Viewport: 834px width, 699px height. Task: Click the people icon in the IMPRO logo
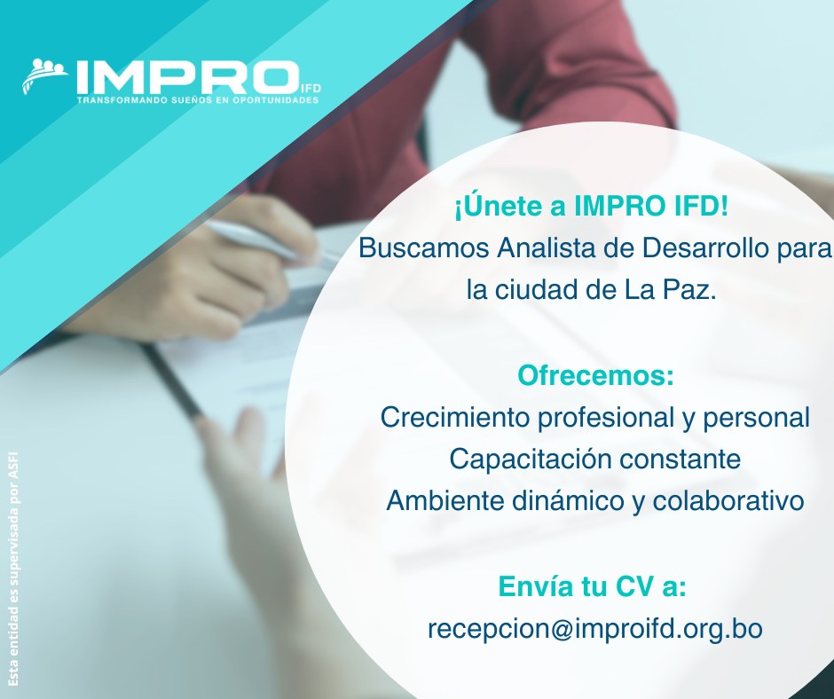pyautogui.click(x=44, y=75)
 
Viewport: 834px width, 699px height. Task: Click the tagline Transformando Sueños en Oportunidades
pyautogui.click(x=198, y=99)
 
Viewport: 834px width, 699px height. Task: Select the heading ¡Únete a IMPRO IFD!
pyautogui.click(x=592, y=207)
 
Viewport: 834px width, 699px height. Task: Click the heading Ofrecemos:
pyautogui.click(x=595, y=375)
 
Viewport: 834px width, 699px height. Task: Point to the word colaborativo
pyautogui.click(x=728, y=500)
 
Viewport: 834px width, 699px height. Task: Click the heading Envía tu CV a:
pyautogui.click(x=592, y=586)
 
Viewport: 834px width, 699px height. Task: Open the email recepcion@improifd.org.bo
pyautogui.click(x=595, y=628)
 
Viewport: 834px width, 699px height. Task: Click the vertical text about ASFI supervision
pyautogui.click(x=14, y=569)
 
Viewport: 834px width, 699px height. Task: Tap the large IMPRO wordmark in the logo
pyautogui.click(x=187, y=77)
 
